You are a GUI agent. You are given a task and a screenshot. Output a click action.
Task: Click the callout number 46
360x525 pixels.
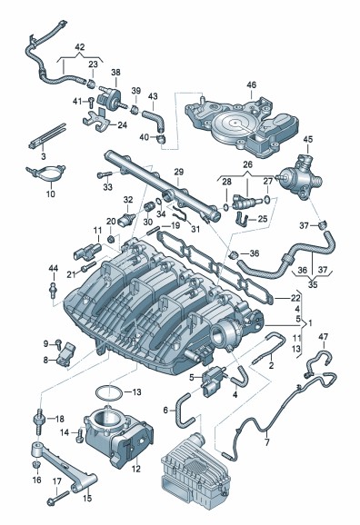click(x=251, y=84)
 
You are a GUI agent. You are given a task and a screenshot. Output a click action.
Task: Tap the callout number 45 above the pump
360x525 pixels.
click(x=307, y=139)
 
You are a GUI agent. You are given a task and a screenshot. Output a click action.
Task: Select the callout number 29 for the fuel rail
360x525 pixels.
click(x=179, y=172)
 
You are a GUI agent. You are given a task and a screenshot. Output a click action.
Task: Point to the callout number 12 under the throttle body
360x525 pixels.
click(x=135, y=469)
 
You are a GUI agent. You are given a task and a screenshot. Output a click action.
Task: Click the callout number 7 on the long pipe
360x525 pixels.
click(x=266, y=442)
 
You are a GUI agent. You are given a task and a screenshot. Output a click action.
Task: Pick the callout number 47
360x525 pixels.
click(x=323, y=336)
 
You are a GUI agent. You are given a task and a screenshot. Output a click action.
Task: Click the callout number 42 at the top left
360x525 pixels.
click(x=80, y=47)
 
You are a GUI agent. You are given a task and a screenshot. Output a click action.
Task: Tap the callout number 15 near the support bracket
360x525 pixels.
click(x=86, y=498)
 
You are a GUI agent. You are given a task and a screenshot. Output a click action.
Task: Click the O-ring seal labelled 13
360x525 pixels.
click(x=108, y=391)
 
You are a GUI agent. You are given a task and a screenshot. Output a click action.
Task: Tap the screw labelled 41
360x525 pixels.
click(x=91, y=101)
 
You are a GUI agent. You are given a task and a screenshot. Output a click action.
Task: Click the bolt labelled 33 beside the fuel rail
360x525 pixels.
click(x=105, y=174)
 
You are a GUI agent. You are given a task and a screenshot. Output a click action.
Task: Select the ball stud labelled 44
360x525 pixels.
click(x=52, y=289)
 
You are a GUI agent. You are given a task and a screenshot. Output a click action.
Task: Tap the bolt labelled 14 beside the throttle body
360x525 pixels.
click(x=79, y=434)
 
